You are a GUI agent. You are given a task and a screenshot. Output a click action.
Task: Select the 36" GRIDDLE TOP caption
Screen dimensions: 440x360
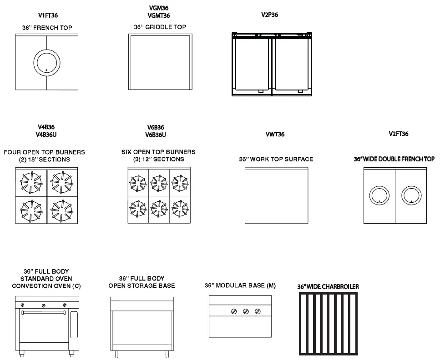(x=160, y=27)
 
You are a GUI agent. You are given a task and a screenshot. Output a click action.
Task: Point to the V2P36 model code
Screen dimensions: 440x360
(x=269, y=15)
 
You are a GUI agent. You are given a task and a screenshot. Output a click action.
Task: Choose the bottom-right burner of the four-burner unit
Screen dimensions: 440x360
(x=62, y=210)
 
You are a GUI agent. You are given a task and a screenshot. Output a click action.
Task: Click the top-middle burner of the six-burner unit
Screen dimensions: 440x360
(x=159, y=183)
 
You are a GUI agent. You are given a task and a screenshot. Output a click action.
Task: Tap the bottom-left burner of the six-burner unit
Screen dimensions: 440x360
(x=137, y=208)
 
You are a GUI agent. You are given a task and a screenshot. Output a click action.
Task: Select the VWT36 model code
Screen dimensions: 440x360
(x=275, y=135)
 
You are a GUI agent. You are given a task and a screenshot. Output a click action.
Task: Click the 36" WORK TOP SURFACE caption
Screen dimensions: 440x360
(x=276, y=159)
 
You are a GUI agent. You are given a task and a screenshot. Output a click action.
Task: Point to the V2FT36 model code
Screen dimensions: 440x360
(x=398, y=134)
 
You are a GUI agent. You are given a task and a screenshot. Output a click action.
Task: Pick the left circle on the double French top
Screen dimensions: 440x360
(x=379, y=195)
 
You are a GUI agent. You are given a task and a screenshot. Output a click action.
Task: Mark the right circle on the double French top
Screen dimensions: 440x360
(x=412, y=195)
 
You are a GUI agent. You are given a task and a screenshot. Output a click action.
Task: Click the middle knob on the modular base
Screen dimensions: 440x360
(x=246, y=311)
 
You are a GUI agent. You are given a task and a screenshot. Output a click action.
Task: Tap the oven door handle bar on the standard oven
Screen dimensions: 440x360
(x=44, y=313)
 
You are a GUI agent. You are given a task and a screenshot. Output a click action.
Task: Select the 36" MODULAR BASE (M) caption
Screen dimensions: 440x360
(x=240, y=285)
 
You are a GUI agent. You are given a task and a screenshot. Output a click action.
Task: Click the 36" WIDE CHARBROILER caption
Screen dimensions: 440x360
(x=328, y=287)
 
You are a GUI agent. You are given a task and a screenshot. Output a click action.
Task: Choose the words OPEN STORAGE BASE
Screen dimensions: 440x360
(x=142, y=285)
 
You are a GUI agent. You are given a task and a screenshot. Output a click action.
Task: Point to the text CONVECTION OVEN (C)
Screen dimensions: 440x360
(x=46, y=286)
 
